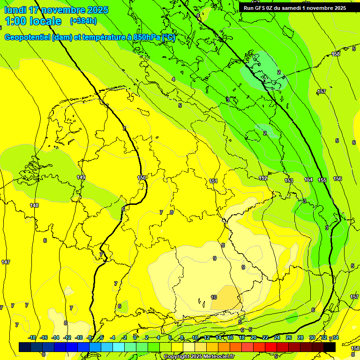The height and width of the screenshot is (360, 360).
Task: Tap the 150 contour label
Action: coord(142,178)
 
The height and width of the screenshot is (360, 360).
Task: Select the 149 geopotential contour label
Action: coord(81,177)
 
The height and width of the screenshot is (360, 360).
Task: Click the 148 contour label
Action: coord(34,205)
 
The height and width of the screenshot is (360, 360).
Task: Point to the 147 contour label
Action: coord(6,262)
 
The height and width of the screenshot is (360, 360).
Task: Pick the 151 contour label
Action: coord(213,181)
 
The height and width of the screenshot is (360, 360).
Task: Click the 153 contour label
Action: coord(289,180)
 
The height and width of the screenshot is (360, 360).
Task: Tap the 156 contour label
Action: coord(337,179)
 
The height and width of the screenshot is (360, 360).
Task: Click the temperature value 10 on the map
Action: coord(214,297)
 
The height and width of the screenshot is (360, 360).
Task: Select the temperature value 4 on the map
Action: coord(173,79)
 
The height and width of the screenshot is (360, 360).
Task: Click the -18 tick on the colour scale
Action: coord(32,337)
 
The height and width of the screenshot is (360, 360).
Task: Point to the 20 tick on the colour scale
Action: coord(254,337)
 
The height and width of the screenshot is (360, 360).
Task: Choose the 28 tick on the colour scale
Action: coord(300,337)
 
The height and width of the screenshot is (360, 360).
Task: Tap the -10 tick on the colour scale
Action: coord(79,337)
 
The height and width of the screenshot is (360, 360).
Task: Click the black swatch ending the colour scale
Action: coord(330,347)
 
